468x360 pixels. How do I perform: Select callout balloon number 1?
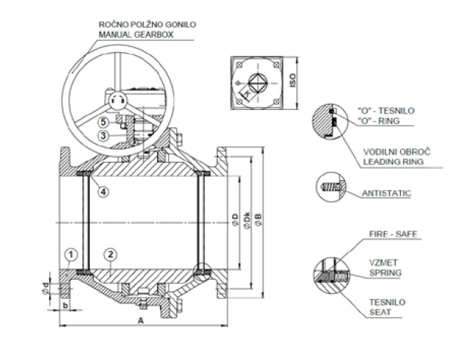pos(71,255)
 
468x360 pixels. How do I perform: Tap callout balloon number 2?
pos(111,255)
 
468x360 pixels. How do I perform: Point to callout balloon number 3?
pos(105,135)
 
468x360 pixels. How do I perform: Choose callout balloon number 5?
pos(105,122)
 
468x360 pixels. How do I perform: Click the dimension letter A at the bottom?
pos(141,320)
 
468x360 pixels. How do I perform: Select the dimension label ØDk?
pos(246,221)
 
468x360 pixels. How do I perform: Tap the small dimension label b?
pos(65,303)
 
